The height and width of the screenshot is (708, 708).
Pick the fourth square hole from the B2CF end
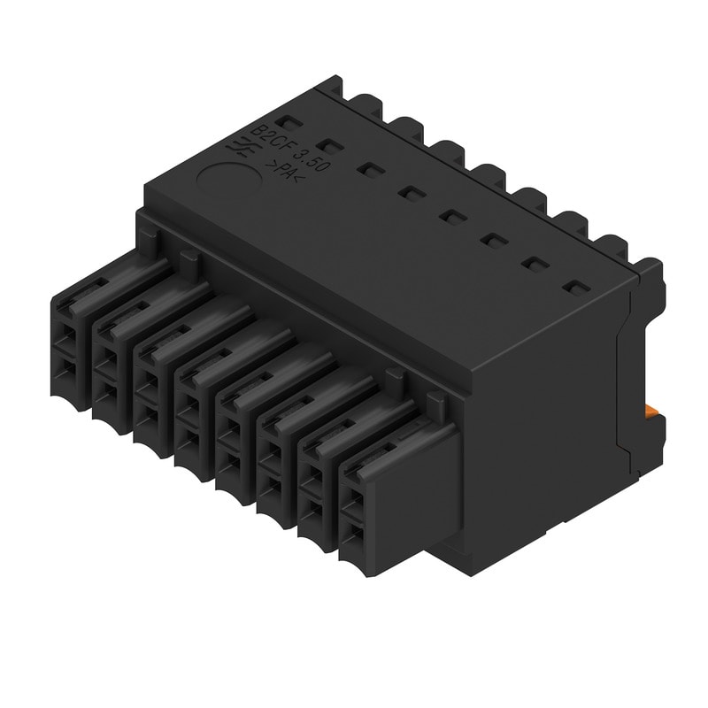(409, 191)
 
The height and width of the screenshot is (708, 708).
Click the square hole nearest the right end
(575, 288)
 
